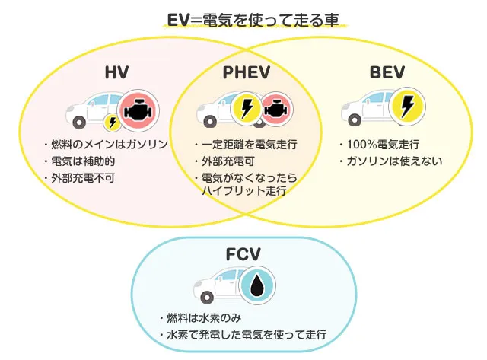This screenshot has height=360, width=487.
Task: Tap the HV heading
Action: [116, 73]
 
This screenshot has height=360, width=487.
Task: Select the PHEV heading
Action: [247, 73]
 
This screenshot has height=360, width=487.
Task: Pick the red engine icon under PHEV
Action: [274, 109]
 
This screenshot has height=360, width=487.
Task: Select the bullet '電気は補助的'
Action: [81, 161]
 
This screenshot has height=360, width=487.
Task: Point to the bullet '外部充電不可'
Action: [81, 179]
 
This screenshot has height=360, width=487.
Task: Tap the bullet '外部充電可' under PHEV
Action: [227, 161]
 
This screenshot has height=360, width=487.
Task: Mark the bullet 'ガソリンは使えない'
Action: [390, 161]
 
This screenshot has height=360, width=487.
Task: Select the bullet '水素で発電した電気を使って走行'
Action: [243, 335]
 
